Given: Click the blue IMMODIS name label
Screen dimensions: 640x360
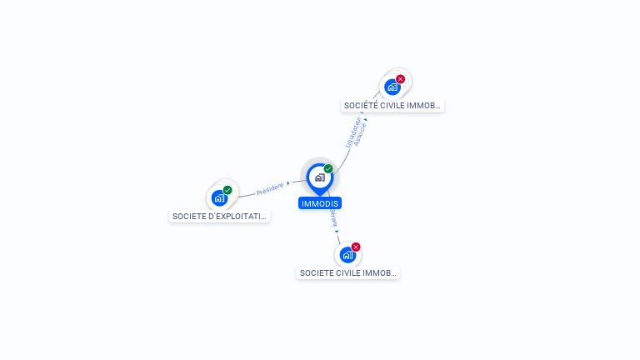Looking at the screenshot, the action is [x=320, y=203].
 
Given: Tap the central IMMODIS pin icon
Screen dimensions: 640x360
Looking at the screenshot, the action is [x=318, y=177].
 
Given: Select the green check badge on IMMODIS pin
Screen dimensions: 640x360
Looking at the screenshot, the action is [x=328, y=169].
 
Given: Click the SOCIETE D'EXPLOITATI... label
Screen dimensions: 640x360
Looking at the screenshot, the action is [x=220, y=216].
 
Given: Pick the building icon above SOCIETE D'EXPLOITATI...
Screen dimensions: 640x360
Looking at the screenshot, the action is [x=219, y=197].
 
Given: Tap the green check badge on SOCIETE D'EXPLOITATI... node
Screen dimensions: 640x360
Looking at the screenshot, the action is [x=227, y=190].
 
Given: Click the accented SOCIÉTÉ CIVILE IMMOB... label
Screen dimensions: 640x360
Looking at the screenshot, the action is [x=393, y=106].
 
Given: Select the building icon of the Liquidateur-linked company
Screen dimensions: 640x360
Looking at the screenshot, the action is [x=392, y=87].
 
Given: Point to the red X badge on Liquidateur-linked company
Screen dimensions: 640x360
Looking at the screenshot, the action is [x=401, y=79].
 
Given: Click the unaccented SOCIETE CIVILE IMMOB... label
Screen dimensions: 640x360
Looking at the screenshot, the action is [x=348, y=272].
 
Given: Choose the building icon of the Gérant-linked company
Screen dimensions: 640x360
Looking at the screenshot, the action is [x=347, y=255].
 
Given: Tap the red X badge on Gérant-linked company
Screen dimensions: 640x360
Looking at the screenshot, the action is [x=356, y=247].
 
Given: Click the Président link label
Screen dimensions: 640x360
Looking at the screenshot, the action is [x=270, y=188].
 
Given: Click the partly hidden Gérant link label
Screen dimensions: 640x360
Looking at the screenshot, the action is [x=333, y=217].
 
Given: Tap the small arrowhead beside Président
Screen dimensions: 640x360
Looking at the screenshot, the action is [x=288, y=184].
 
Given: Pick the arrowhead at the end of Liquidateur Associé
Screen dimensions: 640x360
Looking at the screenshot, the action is [x=364, y=121].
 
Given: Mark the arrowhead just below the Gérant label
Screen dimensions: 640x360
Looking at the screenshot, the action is [x=337, y=231].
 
